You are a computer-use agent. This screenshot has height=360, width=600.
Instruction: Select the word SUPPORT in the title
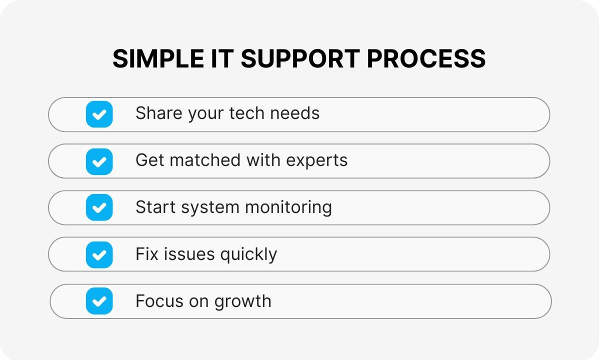[x=299, y=59]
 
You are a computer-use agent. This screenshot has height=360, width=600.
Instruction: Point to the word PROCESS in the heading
[x=426, y=59]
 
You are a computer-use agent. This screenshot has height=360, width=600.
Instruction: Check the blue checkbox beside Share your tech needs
[x=99, y=114]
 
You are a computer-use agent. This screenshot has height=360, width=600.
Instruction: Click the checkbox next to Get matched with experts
[x=99, y=161]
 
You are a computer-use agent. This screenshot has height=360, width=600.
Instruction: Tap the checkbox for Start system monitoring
[x=99, y=207]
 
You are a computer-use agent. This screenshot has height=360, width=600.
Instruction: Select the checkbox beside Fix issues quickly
[x=99, y=254]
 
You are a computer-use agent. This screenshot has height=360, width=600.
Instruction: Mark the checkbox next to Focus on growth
[x=99, y=301]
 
